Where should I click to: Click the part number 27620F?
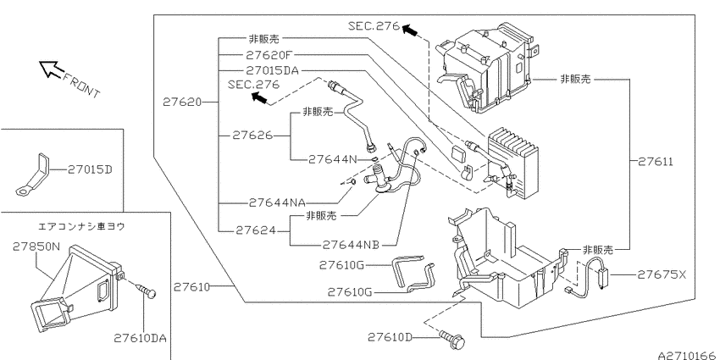click(269, 55)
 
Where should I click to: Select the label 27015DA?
click(272, 70)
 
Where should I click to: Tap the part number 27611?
click(656, 161)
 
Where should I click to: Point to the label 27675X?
click(662, 274)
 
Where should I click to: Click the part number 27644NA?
click(277, 202)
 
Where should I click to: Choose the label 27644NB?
click(351, 245)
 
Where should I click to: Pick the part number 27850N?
click(36, 246)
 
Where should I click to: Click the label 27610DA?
click(140, 339)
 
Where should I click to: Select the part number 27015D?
click(90, 169)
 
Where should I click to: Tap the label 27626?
click(252, 136)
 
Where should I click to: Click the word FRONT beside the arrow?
click(80, 86)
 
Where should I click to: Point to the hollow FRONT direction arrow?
click(50, 69)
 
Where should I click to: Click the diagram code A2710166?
click(689, 356)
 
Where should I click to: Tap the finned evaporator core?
click(513, 161)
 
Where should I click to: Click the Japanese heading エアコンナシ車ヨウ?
click(80, 226)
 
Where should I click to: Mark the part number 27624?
click(256, 230)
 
